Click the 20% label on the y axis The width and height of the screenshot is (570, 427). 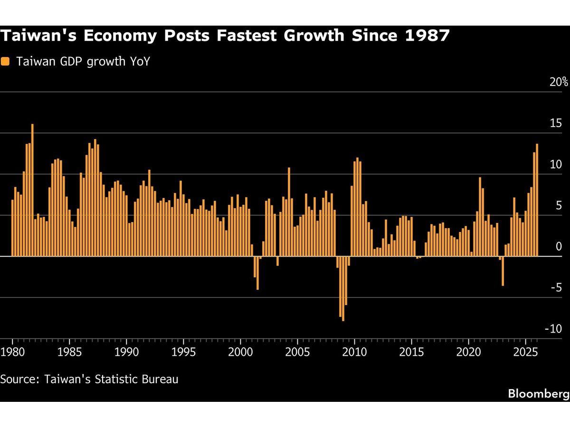click(559, 82)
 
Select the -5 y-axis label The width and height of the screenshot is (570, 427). click(556, 288)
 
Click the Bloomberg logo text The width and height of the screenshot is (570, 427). click(538, 393)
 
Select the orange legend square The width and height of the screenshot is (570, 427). click(5, 61)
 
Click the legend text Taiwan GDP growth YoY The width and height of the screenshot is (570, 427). click(83, 61)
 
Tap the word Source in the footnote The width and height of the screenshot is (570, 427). click(19, 379)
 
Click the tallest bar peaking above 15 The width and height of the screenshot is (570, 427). click(32, 190)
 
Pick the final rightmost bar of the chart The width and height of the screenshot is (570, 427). click(537, 200)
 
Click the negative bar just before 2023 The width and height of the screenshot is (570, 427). click(503, 271)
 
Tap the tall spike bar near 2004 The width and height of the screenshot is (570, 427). click(289, 212)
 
